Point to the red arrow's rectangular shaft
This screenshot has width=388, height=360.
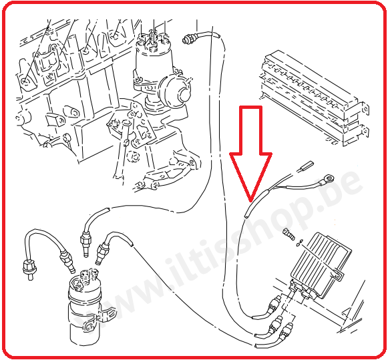pos(251,131)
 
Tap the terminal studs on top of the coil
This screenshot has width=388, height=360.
pos(85,276)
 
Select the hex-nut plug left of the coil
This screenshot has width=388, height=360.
pos(28,266)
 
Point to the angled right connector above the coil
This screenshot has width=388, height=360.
pos(102,252)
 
